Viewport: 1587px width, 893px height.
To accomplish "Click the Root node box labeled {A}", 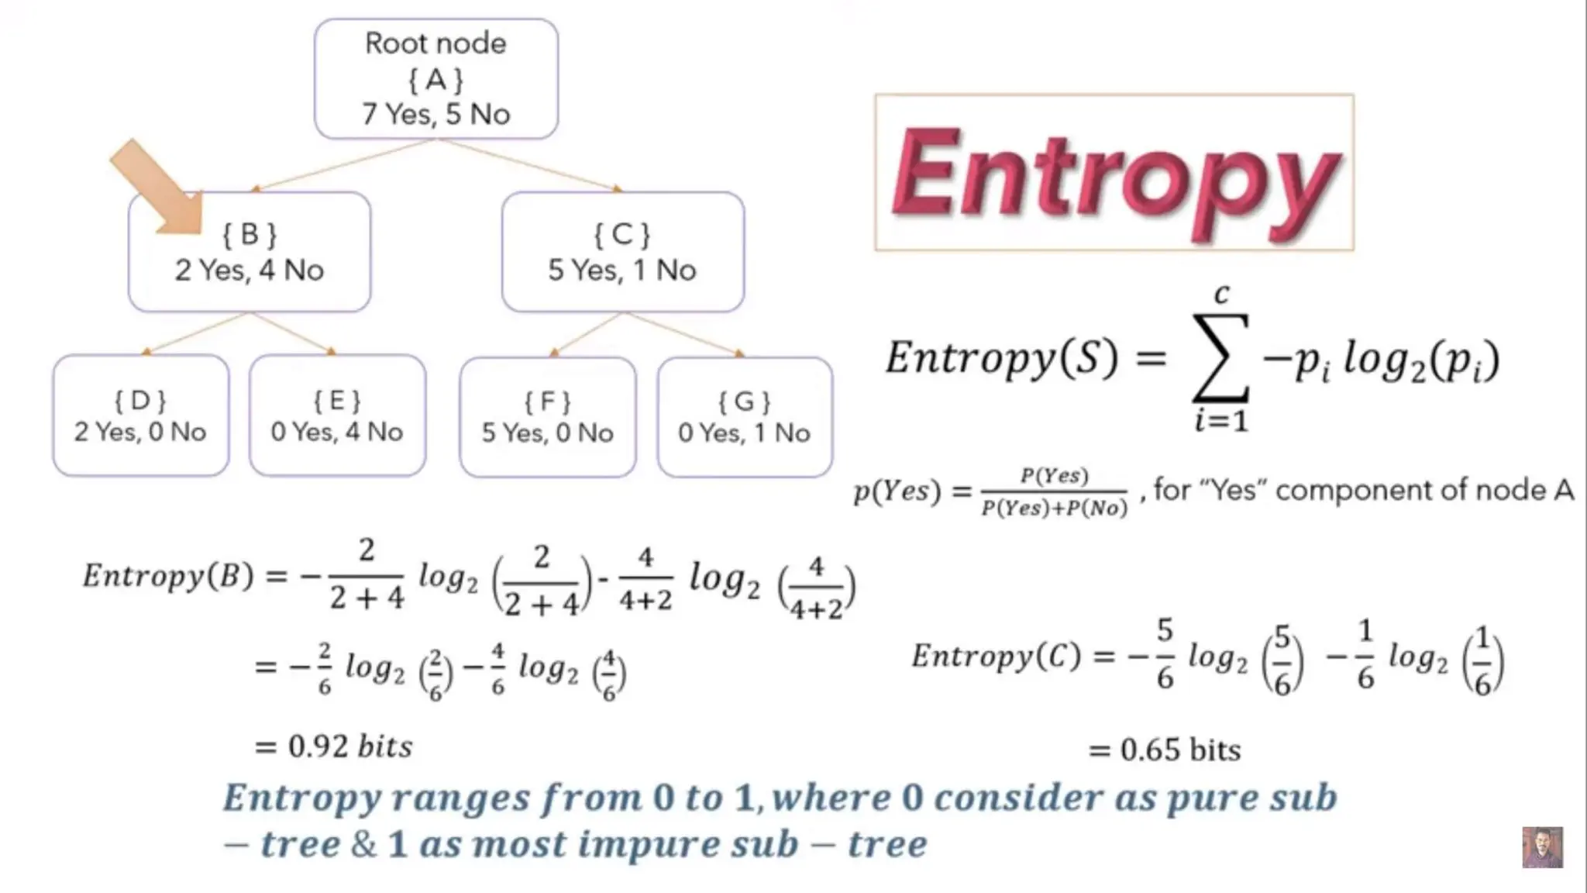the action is pos(435,78).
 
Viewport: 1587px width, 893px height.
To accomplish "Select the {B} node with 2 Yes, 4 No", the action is pos(249,252).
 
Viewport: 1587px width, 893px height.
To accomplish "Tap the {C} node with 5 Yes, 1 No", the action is pos(622,252).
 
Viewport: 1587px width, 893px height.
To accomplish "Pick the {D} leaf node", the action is pos(140,415).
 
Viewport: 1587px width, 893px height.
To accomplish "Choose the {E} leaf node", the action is pos(337,415).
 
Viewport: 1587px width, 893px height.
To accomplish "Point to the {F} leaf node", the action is pos(547,417).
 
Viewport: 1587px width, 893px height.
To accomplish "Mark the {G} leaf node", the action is pos(745,417).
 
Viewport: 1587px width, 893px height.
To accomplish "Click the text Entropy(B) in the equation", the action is pos(168,576).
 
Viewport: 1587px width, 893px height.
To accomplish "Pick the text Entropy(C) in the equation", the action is pos(996,657).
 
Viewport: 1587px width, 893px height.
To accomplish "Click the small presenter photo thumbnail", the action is pos(1542,847).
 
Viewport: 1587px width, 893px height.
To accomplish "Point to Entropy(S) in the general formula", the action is pos(1002,358).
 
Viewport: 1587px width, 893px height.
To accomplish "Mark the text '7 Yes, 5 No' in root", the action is pos(435,115).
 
